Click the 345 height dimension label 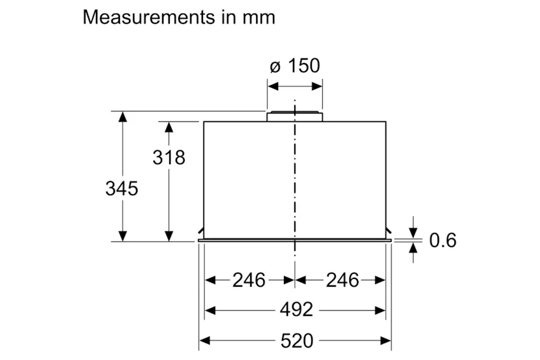coord(122,189)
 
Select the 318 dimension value coord(169,158)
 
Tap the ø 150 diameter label coord(295,66)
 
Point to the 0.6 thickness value coord(443,240)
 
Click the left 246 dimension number coord(249,280)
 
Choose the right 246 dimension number coord(342,280)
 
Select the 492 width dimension coord(296,309)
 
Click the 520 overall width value coord(296,341)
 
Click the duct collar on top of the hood coord(295,116)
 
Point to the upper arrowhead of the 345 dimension coord(123,117)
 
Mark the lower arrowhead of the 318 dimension coord(169,236)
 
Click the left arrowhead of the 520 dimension coord(205,341)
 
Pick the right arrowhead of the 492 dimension coord(380,311)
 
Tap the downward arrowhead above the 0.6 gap coord(413,233)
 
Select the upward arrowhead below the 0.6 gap coord(413,248)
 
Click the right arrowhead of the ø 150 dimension coord(317,86)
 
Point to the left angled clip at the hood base coord(201,230)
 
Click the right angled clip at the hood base coord(388,230)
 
